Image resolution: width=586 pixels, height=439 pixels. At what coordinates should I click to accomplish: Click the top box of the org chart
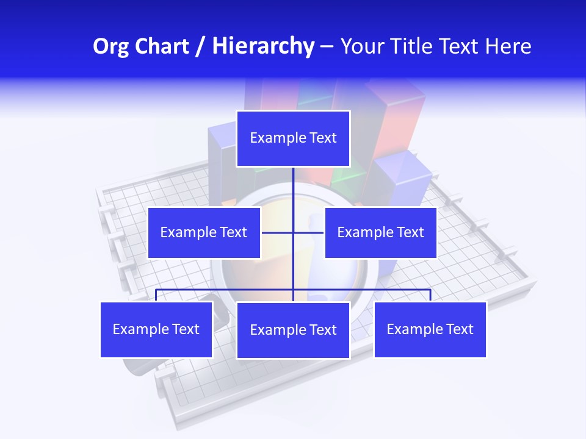tap(293, 138)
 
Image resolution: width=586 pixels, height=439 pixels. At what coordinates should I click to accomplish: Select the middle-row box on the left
tap(204, 232)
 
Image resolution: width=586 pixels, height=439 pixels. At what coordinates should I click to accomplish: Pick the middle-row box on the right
tap(380, 232)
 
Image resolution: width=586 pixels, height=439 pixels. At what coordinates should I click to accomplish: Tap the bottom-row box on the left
tap(156, 329)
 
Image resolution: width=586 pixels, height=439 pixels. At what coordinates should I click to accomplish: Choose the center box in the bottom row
tap(293, 330)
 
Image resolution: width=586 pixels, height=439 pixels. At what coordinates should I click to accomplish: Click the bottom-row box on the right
tap(430, 329)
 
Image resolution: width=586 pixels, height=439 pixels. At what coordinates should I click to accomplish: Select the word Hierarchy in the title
tap(263, 46)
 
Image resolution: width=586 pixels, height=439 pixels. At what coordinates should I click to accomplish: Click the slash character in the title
tap(200, 46)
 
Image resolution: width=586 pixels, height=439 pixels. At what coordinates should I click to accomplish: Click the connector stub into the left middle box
tap(277, 232)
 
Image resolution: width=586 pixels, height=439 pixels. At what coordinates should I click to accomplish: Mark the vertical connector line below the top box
tap(293, 195)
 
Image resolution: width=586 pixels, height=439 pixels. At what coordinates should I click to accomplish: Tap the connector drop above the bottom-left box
tap(156, 295)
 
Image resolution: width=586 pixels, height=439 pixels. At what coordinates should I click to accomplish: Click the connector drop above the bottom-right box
tap(430, 295)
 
